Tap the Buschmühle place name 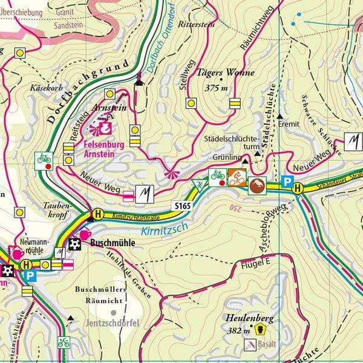[112, 243]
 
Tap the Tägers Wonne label [224, 74]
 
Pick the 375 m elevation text [216, 88]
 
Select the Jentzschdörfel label [113, 322]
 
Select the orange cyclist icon [237, 177]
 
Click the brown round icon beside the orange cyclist [257, 185]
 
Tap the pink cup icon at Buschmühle [85, 234]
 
